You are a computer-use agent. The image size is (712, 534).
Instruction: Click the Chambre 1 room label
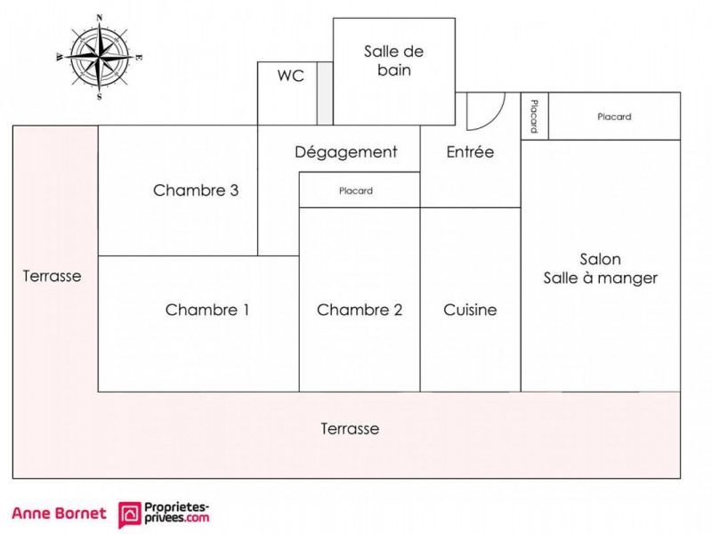point(207,310)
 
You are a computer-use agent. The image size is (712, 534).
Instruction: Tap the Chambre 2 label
point(360,310)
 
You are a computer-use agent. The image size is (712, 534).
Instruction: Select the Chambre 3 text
point(196,190)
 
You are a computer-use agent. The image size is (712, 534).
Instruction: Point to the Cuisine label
point(470,310)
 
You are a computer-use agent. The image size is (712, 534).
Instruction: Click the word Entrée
point(470,151)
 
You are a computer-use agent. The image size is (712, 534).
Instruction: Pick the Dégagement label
point(346,152)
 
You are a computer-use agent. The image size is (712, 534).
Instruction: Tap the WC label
point(291,76)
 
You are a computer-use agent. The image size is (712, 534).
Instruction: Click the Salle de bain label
point(393,61)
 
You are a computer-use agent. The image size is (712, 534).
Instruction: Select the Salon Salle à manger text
point(600,269)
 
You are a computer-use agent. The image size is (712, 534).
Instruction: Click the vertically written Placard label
point(535,117)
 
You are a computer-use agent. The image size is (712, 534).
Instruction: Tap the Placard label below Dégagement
point(356,190)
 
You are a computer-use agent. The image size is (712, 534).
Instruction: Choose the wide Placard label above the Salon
point(614,117)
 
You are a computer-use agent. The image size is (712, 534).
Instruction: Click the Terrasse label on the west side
point(53,276)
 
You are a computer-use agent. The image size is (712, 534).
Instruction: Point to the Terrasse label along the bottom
point(350,429)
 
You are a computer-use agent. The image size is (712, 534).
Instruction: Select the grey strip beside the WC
point(325,93)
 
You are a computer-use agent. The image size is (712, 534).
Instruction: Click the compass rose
point(100,57)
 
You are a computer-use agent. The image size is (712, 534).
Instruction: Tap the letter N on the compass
point(100,18)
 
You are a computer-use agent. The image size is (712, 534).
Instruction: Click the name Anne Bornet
point(59,514)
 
